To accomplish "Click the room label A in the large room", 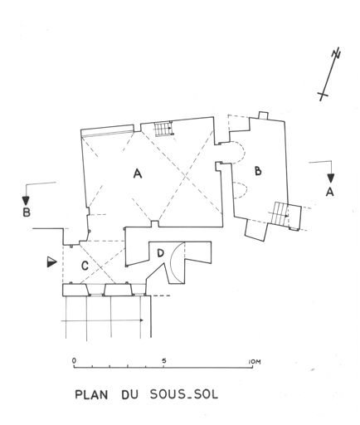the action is [138, 173].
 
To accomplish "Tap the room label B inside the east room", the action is [258, 171].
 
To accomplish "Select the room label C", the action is [85, 266].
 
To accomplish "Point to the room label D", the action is [160, 253].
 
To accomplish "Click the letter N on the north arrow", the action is [337, 53].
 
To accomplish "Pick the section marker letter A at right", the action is [329, 192].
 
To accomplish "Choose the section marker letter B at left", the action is [27, 212].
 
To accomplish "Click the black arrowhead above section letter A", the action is [331, 178].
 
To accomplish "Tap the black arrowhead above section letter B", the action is [26, 200].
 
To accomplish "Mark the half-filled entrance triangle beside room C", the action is [51, 262].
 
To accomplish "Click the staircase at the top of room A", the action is [164, 129].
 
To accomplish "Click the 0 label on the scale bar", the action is [74, 360].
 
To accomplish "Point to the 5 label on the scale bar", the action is [164, 361].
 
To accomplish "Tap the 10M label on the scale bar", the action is [255, 362].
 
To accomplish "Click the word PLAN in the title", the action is [91, 395].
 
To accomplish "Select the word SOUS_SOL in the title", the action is [184, 394].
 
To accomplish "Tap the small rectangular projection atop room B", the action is [263, 115].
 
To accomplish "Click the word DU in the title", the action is [129, 395].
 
